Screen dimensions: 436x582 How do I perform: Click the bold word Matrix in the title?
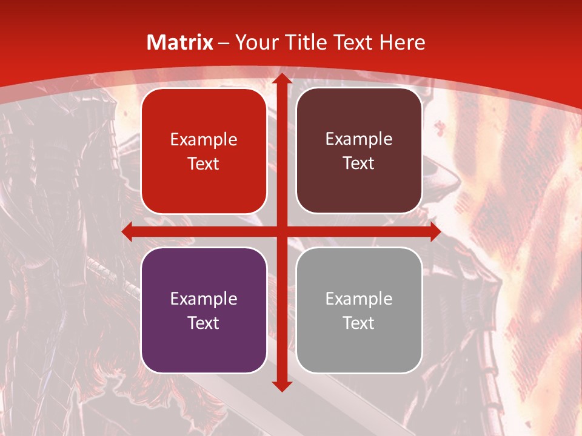(180, 42)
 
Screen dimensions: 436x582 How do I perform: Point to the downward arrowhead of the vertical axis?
(281, 386)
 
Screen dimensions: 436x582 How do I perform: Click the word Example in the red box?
(204, 140)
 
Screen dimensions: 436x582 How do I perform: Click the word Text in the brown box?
(359, 163)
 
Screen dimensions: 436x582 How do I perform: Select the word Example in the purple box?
(204, 299)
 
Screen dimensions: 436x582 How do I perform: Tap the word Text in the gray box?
(359, 323)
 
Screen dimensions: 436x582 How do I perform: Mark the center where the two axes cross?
(281, 231)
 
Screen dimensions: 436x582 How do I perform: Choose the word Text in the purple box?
(204, 323)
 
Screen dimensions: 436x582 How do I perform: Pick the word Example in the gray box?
(359, 299)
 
